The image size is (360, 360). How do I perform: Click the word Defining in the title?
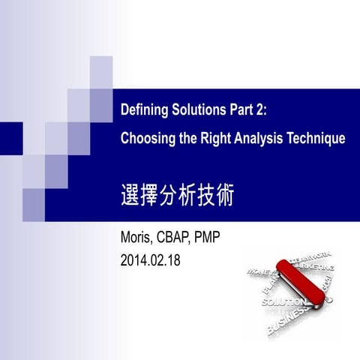pos(142,111)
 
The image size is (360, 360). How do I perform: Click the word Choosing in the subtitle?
pos(148,139)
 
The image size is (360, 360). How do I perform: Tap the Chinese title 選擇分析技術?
pos(177,195)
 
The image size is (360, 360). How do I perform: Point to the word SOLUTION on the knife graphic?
pos(281,301)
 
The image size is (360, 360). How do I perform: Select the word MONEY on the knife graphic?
pos(259,269)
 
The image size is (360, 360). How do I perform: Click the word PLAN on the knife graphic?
pos(267,289)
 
